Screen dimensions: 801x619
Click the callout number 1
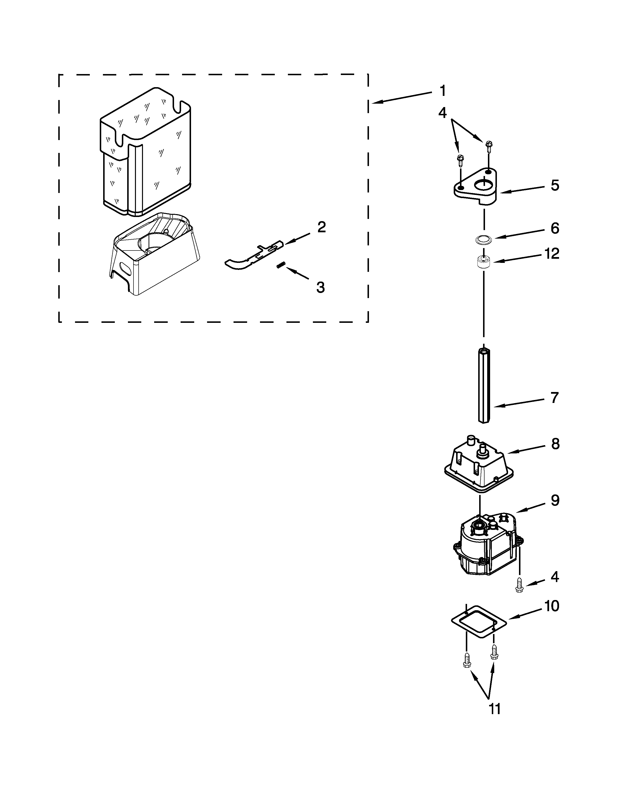tap(443, 91)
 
